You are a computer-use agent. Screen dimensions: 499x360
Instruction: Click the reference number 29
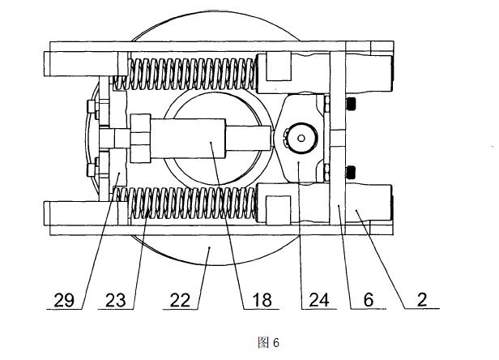64,300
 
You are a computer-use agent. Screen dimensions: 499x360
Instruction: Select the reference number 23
115,300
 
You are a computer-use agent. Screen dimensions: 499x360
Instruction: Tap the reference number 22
180,300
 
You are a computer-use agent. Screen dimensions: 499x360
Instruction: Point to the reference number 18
262,300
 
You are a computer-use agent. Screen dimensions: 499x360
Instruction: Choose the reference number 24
319,300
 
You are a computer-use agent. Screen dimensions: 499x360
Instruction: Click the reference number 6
369,300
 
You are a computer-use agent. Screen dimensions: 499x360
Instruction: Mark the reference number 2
422,300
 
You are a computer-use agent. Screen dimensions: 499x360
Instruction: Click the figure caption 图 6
269,342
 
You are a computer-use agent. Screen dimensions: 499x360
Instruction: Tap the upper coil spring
185,74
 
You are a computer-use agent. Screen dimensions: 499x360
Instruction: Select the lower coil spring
185,204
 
